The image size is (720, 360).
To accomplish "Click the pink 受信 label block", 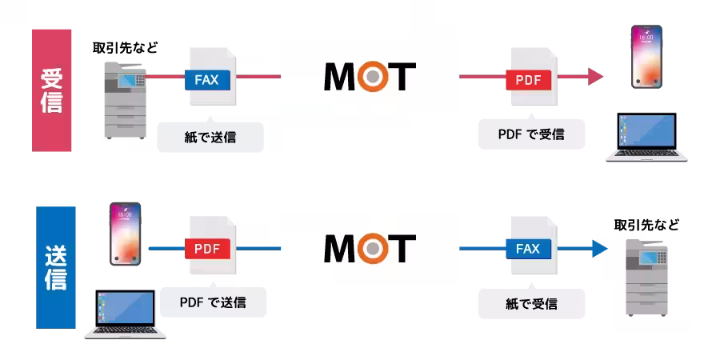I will (x=52, y=90).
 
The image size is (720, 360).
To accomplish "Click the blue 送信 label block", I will (x=55, y=267).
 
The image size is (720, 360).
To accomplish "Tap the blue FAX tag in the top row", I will (x=207, y=80).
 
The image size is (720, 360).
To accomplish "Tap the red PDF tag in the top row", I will (x=528, y=81).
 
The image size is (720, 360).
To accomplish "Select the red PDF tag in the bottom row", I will (x=206, y=249).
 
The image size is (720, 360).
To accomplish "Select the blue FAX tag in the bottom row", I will (x=528, y=249).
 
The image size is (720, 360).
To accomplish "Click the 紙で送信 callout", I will (x=210, y=137).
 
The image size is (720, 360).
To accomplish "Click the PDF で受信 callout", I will (x=531, y=134).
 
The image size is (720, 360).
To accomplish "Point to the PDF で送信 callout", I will (x=213, y=302).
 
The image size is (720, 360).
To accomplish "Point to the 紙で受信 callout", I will (x=531, y=304).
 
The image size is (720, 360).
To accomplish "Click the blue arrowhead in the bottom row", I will (x=599, y=248).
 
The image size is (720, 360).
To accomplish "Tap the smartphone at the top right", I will (x=646, y=56).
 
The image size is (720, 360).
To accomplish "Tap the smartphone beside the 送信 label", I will (x=125, y=234).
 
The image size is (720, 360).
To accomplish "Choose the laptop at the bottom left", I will (x=125, y=313).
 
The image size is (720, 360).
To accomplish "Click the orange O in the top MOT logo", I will (x=370, y=77).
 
